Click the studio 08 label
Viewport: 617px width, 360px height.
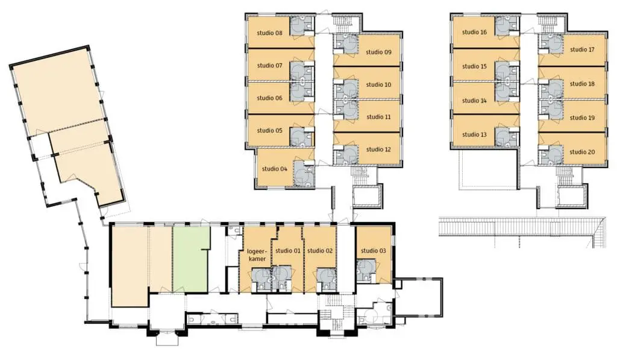(x=269, y=33)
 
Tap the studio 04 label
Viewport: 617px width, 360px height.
(x=275, y=169)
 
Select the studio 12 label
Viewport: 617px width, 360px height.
(x=378, y=150)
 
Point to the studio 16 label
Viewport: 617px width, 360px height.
(x=475, y=33)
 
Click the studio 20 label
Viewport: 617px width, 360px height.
(x=583, y=152)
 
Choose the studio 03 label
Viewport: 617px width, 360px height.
(x=374, y=251)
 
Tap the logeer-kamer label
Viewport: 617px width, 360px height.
(x=257, y=255)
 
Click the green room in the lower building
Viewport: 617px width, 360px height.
(x=190, y=259)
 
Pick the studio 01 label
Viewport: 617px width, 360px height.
(x=287, y=250)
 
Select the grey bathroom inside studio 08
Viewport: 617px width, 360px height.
(x=302, y=26)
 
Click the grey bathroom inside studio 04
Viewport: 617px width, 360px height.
(x=304, y=173)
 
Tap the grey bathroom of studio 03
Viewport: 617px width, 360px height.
(x=367, y=271)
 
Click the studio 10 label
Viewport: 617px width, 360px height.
(x=378, y=84)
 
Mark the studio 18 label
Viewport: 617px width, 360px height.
(x=583, y=84)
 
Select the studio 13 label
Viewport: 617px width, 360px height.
(x=475, y=134)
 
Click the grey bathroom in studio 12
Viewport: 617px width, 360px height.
(x=346, y=154)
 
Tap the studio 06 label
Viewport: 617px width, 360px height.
(x=269, y=98)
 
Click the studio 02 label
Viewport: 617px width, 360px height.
(x=320, y=250)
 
